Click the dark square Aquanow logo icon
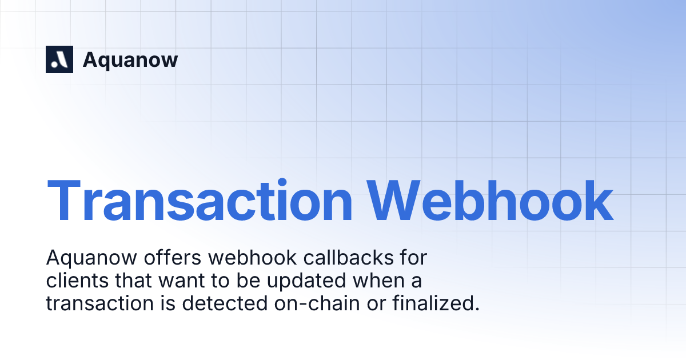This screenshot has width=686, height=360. pos(59,59)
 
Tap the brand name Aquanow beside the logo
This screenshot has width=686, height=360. pos(130,59)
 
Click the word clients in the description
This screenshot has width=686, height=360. pos(73,281)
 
